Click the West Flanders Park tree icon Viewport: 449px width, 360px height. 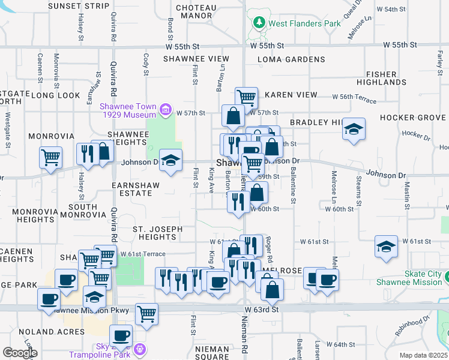[259, 23]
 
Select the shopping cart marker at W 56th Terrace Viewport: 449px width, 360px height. [246, 97]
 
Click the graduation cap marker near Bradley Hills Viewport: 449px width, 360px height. [354, 128]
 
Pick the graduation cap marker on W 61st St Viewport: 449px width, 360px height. [386, 246]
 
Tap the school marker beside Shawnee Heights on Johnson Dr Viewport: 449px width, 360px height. [171, 160]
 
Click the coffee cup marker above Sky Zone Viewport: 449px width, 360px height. [121, 335]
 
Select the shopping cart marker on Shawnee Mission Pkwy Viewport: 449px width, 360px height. [146, 313]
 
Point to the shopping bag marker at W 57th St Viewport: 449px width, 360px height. [232, 115]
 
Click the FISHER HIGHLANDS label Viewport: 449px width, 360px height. [385, 77]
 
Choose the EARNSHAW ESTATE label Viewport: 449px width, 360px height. [136, 189]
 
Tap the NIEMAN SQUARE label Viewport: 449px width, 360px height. [212, 353]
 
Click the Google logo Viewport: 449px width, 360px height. [19, 352]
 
